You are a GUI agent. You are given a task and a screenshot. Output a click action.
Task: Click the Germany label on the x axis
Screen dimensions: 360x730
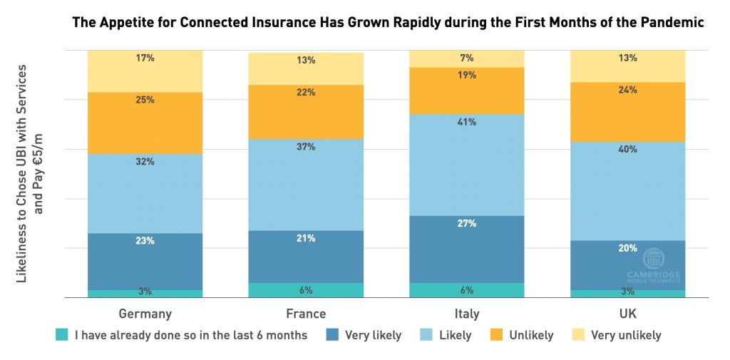pyautogui.click(x=145, y=314)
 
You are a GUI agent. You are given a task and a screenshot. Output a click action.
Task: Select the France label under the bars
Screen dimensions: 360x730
pyautogui.click(x=306, y=314)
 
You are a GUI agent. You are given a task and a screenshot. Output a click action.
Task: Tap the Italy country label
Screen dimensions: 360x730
pyautogui.click(x=467, y=314)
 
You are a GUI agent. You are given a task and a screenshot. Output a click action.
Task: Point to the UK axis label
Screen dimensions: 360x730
pyautogui.click(x=628, y=314)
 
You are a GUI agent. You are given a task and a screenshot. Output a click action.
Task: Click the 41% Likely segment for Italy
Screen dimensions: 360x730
pyautogui.click(x=467, y=164)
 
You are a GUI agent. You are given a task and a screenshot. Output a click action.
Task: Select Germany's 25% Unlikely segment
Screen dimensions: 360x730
pyautogui.click(x=145, y=123)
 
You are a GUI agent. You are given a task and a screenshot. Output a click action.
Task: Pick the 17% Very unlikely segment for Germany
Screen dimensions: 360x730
pyautogui.click(x=145, y=71)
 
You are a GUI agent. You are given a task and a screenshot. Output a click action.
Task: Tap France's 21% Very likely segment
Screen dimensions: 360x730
pyautogui.click(x=306, y=256)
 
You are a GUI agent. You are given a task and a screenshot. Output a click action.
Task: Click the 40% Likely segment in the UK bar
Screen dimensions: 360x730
pyautogui.click(x=628, y=190)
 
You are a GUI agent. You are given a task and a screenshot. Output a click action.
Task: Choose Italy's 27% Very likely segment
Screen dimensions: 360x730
pyautogui.click(x=467, y=249)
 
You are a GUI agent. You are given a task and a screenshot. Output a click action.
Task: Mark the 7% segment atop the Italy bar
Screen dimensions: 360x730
pyautogui.click(x=467, y=58)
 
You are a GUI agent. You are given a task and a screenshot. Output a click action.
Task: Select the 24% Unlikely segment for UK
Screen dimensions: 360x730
pyautogui.click(x=628, y=112)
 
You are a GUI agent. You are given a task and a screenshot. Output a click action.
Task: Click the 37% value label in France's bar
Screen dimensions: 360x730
pyautogui.click(x=307, y=147)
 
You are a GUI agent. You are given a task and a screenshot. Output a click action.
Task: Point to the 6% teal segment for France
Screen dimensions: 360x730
pyautogui.click(x=306, y=290)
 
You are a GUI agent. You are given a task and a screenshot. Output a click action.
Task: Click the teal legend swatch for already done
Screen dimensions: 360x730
pyautogui.click(x=62, y=335)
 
